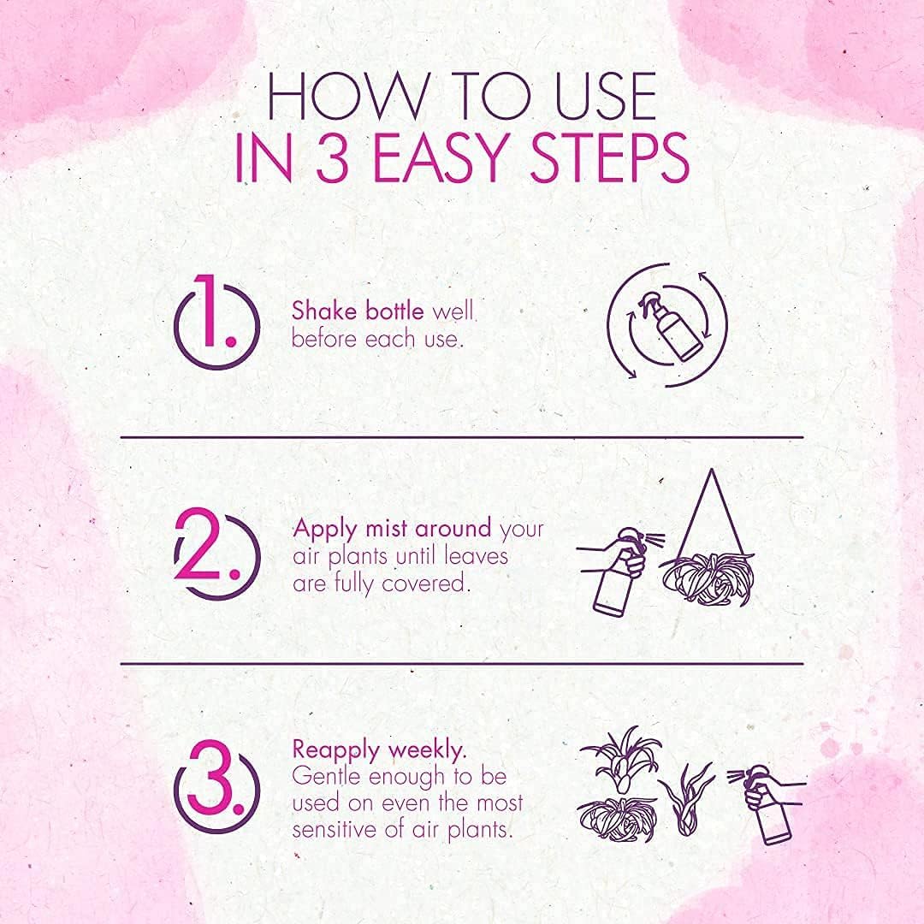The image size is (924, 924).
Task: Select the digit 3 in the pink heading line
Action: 334,157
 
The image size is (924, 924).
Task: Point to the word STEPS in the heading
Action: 609,157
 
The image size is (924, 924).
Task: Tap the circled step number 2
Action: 216,554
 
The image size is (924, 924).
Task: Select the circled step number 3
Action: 216,785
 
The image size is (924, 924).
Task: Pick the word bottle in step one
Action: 394,311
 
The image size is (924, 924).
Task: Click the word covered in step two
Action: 425,583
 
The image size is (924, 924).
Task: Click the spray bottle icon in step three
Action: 767,805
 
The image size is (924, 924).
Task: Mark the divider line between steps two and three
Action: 462,664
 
